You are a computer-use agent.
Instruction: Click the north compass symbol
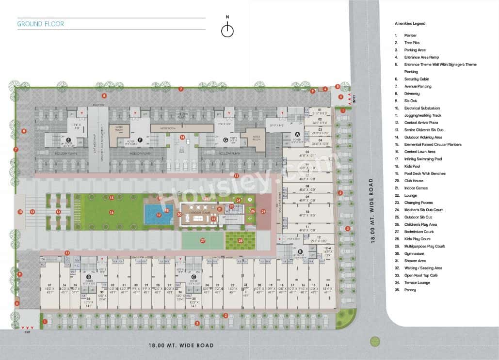tap(227, 30)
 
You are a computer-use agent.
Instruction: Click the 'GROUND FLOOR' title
tap(40, 24)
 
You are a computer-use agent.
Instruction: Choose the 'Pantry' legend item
tap(410, 290)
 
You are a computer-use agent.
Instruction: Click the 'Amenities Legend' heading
tap(410, 23)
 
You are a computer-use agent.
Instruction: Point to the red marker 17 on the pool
tap(159, 214)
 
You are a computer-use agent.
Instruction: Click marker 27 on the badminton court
tap(203, 240)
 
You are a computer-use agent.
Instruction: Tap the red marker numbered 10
tap(20, 212)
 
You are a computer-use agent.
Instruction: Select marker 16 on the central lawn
tap(112, 212)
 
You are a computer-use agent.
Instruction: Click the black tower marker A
tap(298, 134)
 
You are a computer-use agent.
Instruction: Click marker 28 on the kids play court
tap(241, 240)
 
